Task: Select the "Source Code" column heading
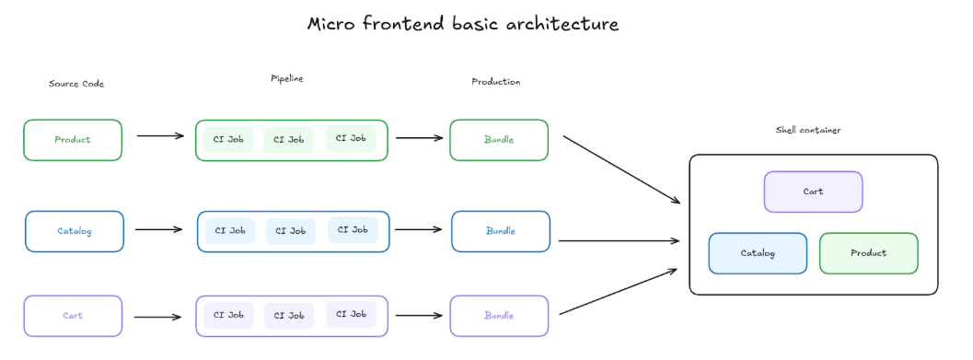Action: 76,84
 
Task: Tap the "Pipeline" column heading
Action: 287,79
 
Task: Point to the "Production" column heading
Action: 496,82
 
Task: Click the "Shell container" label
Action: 808,131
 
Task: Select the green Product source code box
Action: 73,140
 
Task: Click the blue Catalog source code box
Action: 75,231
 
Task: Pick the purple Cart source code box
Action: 73,316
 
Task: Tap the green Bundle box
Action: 499,140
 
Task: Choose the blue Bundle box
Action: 501,231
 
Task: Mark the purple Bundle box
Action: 499,316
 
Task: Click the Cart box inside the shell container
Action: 813,192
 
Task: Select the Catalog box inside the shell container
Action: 758,253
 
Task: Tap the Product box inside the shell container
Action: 868,253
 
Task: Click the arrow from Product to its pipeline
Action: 160,136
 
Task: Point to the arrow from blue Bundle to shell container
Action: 619,241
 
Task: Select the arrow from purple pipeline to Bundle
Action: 419,316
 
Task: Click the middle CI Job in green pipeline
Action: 289,140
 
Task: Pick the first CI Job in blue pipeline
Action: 230,231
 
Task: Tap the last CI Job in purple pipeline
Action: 351,315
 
